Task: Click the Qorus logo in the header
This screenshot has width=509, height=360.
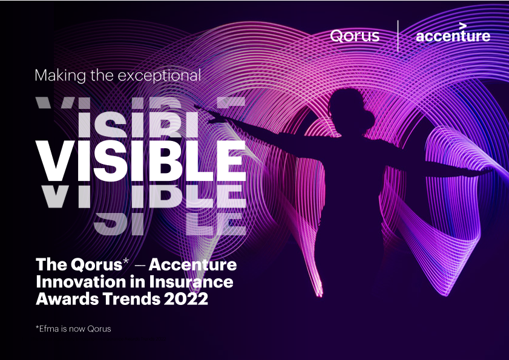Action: coord(355,36)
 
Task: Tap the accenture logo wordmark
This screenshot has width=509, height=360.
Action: coord(453,36)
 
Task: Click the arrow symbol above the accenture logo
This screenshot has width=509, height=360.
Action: coord(463,25)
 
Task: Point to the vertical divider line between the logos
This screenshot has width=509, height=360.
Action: coord(398,36)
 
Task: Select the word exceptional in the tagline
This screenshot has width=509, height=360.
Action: coord(159,76)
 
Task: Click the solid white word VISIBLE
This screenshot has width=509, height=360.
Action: coord(140,161)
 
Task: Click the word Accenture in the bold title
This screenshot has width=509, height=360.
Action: coord(193,264)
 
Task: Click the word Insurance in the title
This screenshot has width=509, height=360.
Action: coord(191,281)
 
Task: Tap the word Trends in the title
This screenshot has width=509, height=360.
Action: coord(131,299)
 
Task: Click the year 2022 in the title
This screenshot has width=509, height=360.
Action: coord(186,299)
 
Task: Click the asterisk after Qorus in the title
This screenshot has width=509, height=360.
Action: coord(126,261)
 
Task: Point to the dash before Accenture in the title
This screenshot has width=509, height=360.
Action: coord(140,265)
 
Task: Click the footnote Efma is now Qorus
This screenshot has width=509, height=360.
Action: coord(73,329)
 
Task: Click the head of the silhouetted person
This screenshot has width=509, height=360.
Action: coord(350,110)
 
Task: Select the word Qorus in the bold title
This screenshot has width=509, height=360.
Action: coord(96,265)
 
